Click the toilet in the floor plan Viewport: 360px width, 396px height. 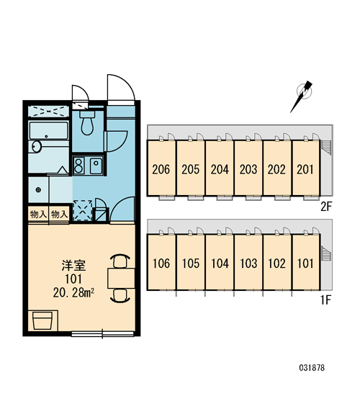click(x=87, y=122)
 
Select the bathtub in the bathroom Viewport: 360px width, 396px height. click(x=48, y=130)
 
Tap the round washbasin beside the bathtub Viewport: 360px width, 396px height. click(x=37, y=147)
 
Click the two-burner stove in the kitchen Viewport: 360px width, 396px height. click(x=78, y=166)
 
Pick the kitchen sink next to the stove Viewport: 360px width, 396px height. click(x=96, y=166)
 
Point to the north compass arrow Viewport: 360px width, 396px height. click(x=302, y=96)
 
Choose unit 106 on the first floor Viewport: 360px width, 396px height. click(x=161, y=262)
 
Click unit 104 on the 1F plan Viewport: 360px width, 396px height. click(x=220, y=262)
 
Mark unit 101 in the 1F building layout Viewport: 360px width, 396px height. click(x=305, y=262)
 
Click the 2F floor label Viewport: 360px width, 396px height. click(x=325, y=207)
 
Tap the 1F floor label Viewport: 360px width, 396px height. click(x=325, y=300)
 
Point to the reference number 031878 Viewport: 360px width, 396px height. click(x=312, y=367)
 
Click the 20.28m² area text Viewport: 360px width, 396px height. click(x=73, y=292)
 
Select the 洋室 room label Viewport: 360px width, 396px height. click(x=73, y=265)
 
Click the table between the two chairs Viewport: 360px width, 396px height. click(x=121, y=279)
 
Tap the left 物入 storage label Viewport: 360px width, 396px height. click(x=38, y=215)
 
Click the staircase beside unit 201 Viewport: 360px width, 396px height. click(x=325, y=147)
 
